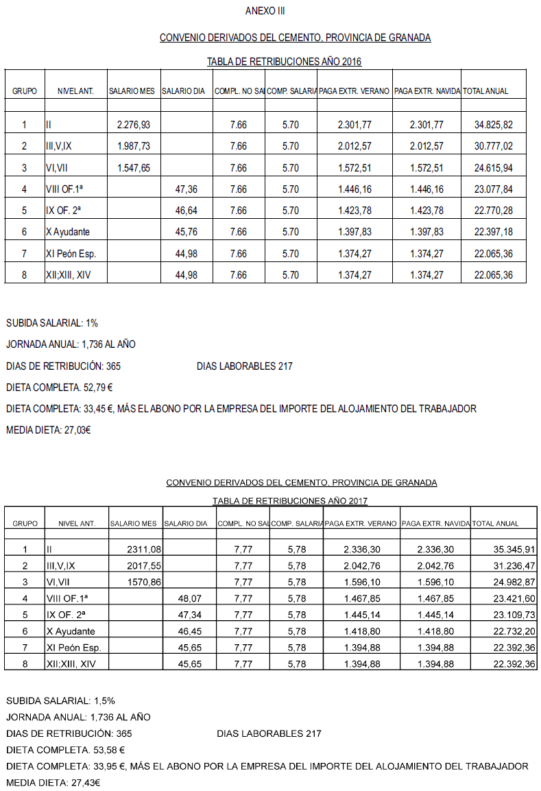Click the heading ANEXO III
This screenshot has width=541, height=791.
click(265, 11)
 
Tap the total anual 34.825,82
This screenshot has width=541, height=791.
click(493, 125)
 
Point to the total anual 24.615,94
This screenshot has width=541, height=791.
click(493, 167)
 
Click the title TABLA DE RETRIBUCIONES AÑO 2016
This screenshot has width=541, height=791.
click(284, 62)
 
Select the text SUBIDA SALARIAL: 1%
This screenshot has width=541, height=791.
click(47, 323)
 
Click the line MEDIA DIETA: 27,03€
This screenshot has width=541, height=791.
click(49, 431)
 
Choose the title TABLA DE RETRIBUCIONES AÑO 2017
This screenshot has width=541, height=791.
click(290, 501)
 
